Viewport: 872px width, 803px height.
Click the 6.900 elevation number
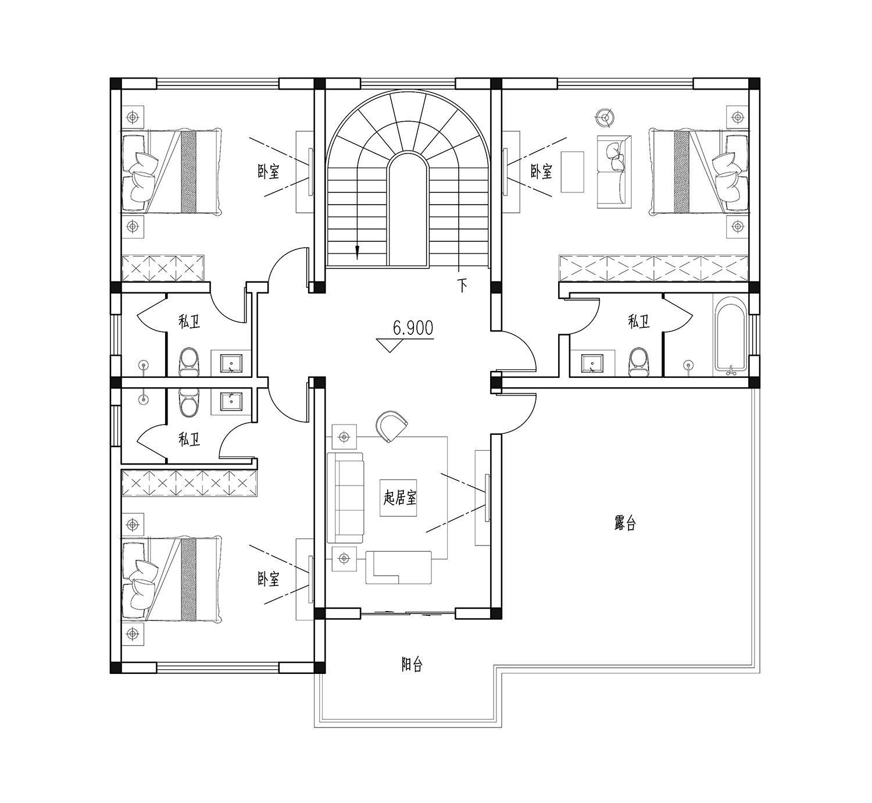click(x=413, y=328)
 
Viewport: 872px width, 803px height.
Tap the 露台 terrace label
click(x=625, y=523)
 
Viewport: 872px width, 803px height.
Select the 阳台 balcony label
click(x=411, y=664)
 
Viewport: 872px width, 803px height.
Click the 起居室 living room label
click(x=399, y=498)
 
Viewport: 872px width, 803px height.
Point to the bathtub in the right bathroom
click(x=730, y=334)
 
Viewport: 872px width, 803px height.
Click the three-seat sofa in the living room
click(x=345, y=498)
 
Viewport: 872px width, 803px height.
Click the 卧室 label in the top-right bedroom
click(x=541, y=172)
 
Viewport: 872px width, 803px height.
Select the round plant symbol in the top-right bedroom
click(x=605, y=116)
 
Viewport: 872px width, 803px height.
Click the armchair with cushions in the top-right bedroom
click(x=614, y=172)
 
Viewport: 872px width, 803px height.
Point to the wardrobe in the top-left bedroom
click(x=163, y=268)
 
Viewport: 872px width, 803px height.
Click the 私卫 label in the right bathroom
click(x=638, y=322)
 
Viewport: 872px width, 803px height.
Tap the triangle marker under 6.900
click(x=390, y=345)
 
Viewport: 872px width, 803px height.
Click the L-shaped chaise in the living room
click(x=399, y=568)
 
